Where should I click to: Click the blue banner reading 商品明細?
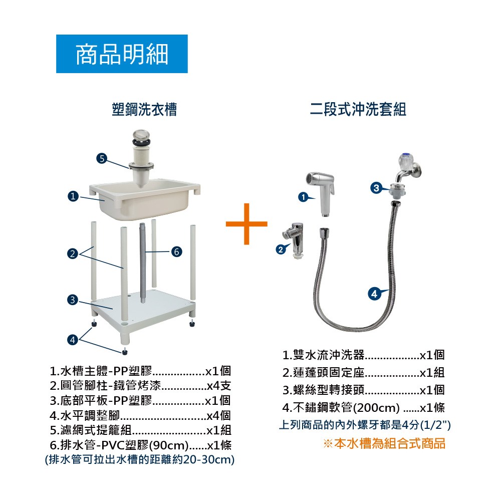pyautogui.click(x=122, y=54)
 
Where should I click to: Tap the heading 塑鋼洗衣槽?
pyautogui.click(x=144, y=109)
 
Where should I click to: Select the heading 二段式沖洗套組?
pyautogui.click(x=358, y=109)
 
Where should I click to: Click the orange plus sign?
pyautogui.click(x=246, y=223)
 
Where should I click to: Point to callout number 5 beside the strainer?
pyautogui.click(x=102, y=158)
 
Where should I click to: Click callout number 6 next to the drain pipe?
pyautogui.click(x=176, y=252)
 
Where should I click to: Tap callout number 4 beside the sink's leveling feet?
pyautogui.click(x=73, y=339)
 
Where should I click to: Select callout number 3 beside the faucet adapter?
pyautogui.click(x=376, y=188)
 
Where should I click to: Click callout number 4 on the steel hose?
pyautogui.click(x=374, y=293)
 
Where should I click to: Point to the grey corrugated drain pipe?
pyautogui.click(x=142, y=264)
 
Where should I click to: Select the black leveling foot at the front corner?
pyautogui.click(x=125, y=352)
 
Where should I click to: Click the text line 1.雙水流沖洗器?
pyautogui.click(x=323, y=355)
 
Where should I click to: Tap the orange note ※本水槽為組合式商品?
pyautogui.click(x=384, y=443)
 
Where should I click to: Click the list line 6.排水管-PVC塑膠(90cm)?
pyautogui.click(x=119, y=445)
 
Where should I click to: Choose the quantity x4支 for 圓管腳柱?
pyautogui.click(x=219, y=386)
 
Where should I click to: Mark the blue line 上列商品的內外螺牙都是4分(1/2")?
pyautogui.click(x=365, y=425)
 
